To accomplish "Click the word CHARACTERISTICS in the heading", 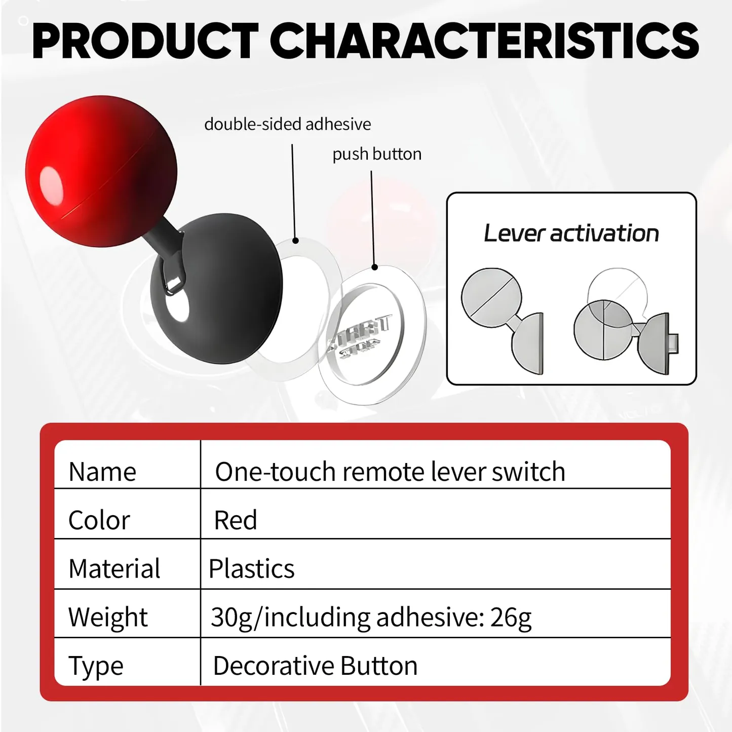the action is coord(484,41).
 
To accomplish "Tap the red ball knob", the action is coord(101,171).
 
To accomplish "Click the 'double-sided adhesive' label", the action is coord(288,124).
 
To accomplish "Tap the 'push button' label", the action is coord(377,154).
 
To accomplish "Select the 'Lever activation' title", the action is coord(571,233).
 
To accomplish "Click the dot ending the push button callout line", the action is coord(374,267).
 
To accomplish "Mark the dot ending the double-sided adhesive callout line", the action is coord(295,241).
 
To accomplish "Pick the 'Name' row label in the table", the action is coord(102,472).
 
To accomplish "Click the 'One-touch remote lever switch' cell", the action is coord(390,471).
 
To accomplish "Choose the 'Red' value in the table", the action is coord(236,520).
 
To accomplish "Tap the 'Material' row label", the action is coord(114,568).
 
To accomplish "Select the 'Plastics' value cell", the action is coord(251,568).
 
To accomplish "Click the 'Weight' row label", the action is coord(108,617).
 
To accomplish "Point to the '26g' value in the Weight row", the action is coord(511,618).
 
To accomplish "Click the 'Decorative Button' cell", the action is coord(315,666).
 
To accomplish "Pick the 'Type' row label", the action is coord(96,666).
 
